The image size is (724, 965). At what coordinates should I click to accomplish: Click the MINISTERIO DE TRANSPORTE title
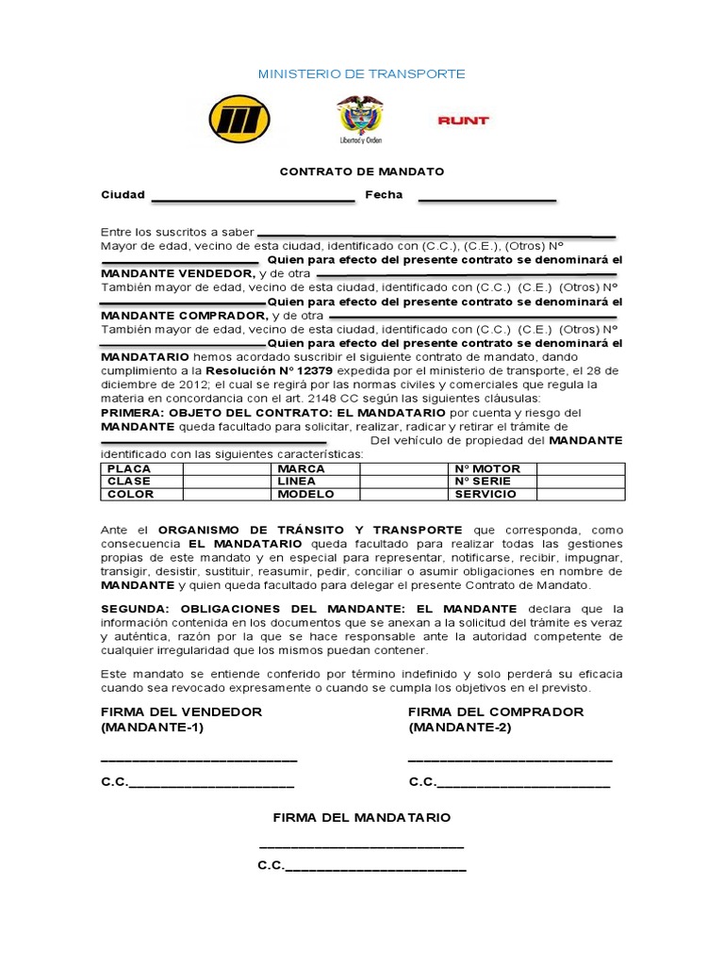362,74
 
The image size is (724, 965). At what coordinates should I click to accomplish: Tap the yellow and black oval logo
239,120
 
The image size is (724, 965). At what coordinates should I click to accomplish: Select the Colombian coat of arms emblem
360,120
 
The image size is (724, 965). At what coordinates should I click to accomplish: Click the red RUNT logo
463,121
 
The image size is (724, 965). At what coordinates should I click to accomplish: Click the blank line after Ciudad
252,199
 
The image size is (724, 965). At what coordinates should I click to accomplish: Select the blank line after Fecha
486,199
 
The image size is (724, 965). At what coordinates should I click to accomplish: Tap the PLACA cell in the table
129,468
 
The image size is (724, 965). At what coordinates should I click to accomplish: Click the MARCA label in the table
301,468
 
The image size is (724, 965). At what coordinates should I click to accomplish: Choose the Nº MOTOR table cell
487,468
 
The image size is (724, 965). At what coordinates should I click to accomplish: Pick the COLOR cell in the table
130,494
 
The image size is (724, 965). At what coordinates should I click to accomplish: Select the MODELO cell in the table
305,494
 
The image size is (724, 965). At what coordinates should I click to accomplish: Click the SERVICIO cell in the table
485,494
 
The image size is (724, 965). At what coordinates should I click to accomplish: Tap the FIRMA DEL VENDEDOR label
181,711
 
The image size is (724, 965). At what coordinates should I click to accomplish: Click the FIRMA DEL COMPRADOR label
496,711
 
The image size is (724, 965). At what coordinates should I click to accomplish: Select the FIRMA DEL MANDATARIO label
362,817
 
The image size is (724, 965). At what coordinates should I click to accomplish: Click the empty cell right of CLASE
225,481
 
